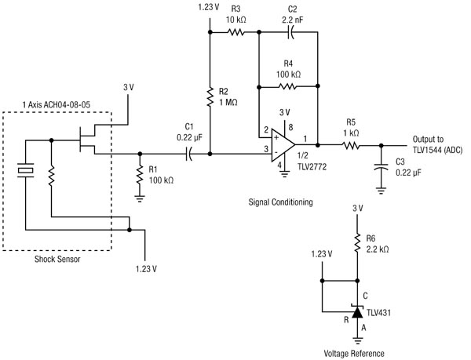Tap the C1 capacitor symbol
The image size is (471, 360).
point(189,155)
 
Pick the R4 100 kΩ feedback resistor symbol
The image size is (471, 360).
point(287,86)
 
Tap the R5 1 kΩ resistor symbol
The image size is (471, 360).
point(351,144)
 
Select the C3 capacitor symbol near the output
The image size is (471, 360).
point(381,166)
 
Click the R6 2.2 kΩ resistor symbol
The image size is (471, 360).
point(358,246)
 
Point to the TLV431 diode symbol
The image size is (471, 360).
point(358,312)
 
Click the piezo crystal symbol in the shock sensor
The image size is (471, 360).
point(25,173)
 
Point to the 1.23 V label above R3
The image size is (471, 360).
point(210,8)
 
